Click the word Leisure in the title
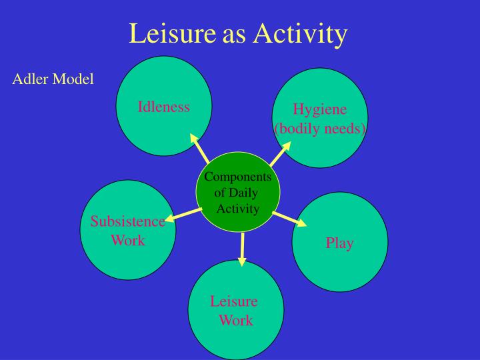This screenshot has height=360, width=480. (173, 33)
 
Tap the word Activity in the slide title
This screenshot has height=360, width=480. (300, 34)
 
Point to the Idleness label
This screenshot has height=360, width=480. (164, 107)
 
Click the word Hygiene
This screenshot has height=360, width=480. (321, 111)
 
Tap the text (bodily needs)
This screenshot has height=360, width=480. (321, 128)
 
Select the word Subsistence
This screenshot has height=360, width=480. (128, 221)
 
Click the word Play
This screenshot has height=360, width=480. (339, 243)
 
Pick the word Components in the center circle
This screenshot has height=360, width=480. (238, 177)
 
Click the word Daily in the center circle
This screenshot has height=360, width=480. (245, 193)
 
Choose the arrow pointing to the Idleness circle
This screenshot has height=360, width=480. (200, 148)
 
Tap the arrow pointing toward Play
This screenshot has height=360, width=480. (290, 219)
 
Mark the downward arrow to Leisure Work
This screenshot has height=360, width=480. (242, 246)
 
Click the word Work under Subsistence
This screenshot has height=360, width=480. (128, 240)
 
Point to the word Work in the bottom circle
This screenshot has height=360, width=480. (236, 320)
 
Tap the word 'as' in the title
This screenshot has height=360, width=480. (234, 34)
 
